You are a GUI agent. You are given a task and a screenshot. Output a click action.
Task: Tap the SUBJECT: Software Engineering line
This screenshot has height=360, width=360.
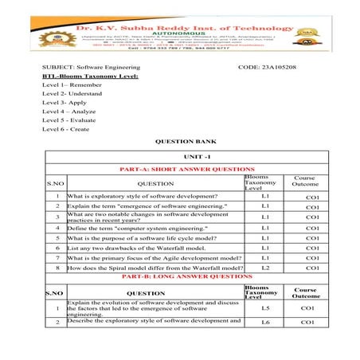point(91,67)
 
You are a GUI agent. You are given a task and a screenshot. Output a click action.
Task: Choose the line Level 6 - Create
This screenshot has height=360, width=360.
point(65,129)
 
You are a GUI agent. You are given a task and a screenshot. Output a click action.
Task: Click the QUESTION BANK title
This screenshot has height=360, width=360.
point(180,141)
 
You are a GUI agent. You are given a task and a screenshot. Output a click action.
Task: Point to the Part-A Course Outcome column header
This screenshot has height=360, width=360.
point(304,182)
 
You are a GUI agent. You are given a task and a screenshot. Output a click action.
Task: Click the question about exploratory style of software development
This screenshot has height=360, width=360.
point(141,195)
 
